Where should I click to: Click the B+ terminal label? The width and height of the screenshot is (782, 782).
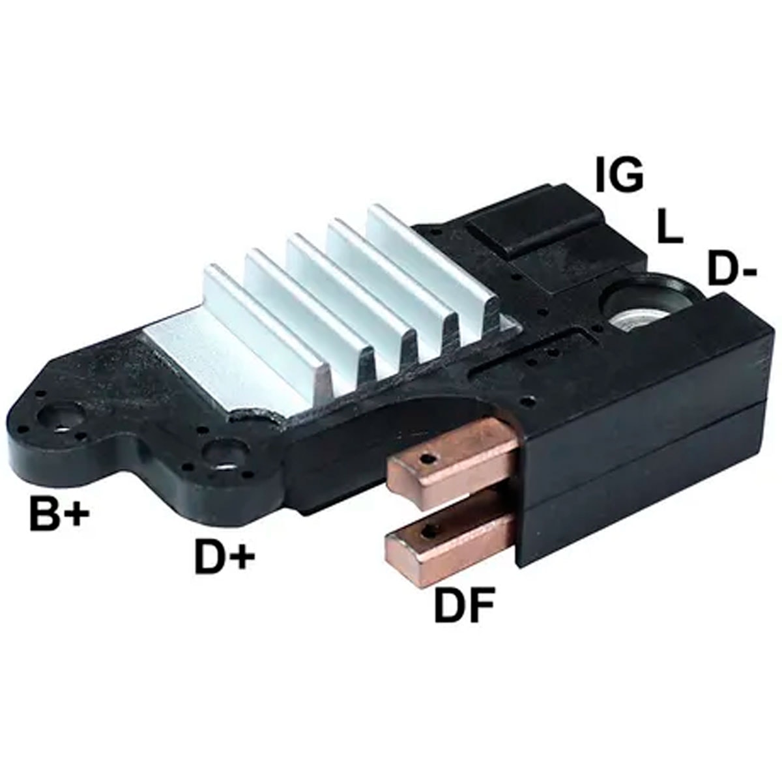(x=58, y=514)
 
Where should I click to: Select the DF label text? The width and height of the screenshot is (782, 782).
(x=464, y=605)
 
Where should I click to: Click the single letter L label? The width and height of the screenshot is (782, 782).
(x=669, y=229)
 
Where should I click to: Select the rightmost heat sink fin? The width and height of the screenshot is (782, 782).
(x=430, y=261)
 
